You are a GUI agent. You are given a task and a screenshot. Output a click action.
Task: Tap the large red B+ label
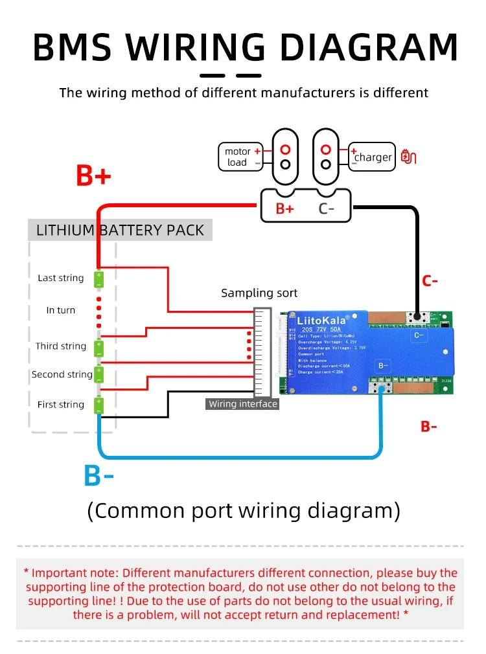click(93, 175)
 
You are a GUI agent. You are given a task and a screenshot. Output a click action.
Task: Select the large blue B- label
click(99, 476)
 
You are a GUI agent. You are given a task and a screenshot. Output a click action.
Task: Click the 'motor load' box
click(240, 157)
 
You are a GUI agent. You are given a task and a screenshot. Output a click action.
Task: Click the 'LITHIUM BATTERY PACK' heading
click(120, 230)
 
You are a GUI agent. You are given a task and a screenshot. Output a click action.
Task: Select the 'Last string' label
click(61, 278)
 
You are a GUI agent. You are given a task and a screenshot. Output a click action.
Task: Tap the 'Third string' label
click(61, 346)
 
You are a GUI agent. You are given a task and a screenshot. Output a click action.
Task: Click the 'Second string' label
click(62, 374)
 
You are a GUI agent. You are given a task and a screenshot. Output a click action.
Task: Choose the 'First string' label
click(61, 404)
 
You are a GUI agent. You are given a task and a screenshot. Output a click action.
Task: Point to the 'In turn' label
click(61, 310)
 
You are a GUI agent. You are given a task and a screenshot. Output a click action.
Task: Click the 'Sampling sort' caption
click(259, 293)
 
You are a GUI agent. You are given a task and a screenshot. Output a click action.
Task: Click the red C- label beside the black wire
click(430, 281)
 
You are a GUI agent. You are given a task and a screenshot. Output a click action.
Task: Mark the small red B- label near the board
click(429, 426)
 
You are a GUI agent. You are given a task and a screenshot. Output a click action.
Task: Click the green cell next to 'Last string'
click(98, 279)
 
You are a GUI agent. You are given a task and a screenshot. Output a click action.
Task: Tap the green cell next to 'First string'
click(98, 405)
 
